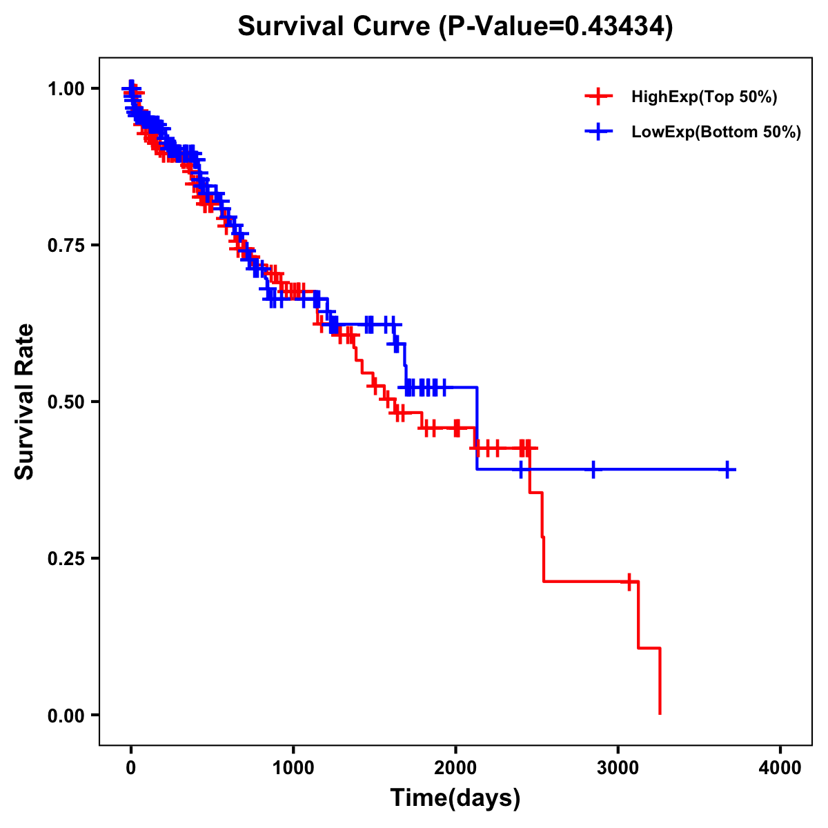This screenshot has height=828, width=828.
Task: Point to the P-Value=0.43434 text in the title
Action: point(560,27)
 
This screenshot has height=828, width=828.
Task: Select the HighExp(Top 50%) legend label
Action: point(704,97)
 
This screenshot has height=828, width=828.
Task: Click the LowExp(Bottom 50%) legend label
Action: point(716,132)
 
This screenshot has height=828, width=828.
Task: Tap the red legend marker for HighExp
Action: point(598,97)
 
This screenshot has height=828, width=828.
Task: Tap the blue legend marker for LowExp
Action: point(598,132)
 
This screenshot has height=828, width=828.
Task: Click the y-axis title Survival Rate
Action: point(25,401)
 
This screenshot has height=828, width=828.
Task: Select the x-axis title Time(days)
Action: point(455,798)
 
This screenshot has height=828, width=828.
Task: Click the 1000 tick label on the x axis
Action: point(293,768)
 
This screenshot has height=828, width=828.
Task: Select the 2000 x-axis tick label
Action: point(455,768)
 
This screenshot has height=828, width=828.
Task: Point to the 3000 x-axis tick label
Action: point(618,768)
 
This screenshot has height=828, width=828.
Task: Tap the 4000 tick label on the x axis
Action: point(780,768)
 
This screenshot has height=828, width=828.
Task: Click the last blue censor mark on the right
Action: point(727,470)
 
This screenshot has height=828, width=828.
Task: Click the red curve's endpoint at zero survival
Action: point(660,713)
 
